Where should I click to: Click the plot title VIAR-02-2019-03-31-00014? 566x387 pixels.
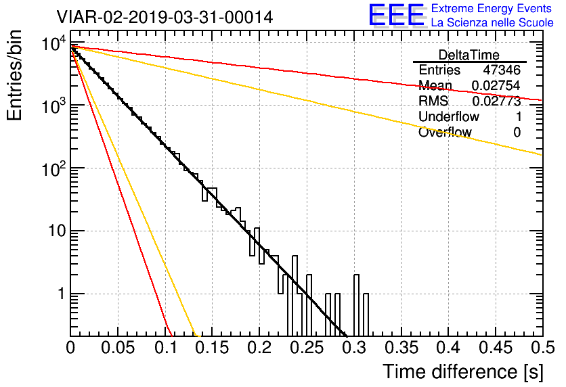pos(165,16)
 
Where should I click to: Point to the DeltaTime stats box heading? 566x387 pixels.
pos(469,55)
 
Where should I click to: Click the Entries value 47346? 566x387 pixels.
pos(502,70)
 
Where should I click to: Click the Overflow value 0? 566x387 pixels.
pos(517,133)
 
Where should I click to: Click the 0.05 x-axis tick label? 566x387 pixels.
pos(118,348)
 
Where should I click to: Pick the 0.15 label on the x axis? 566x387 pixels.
pos(213,348)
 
